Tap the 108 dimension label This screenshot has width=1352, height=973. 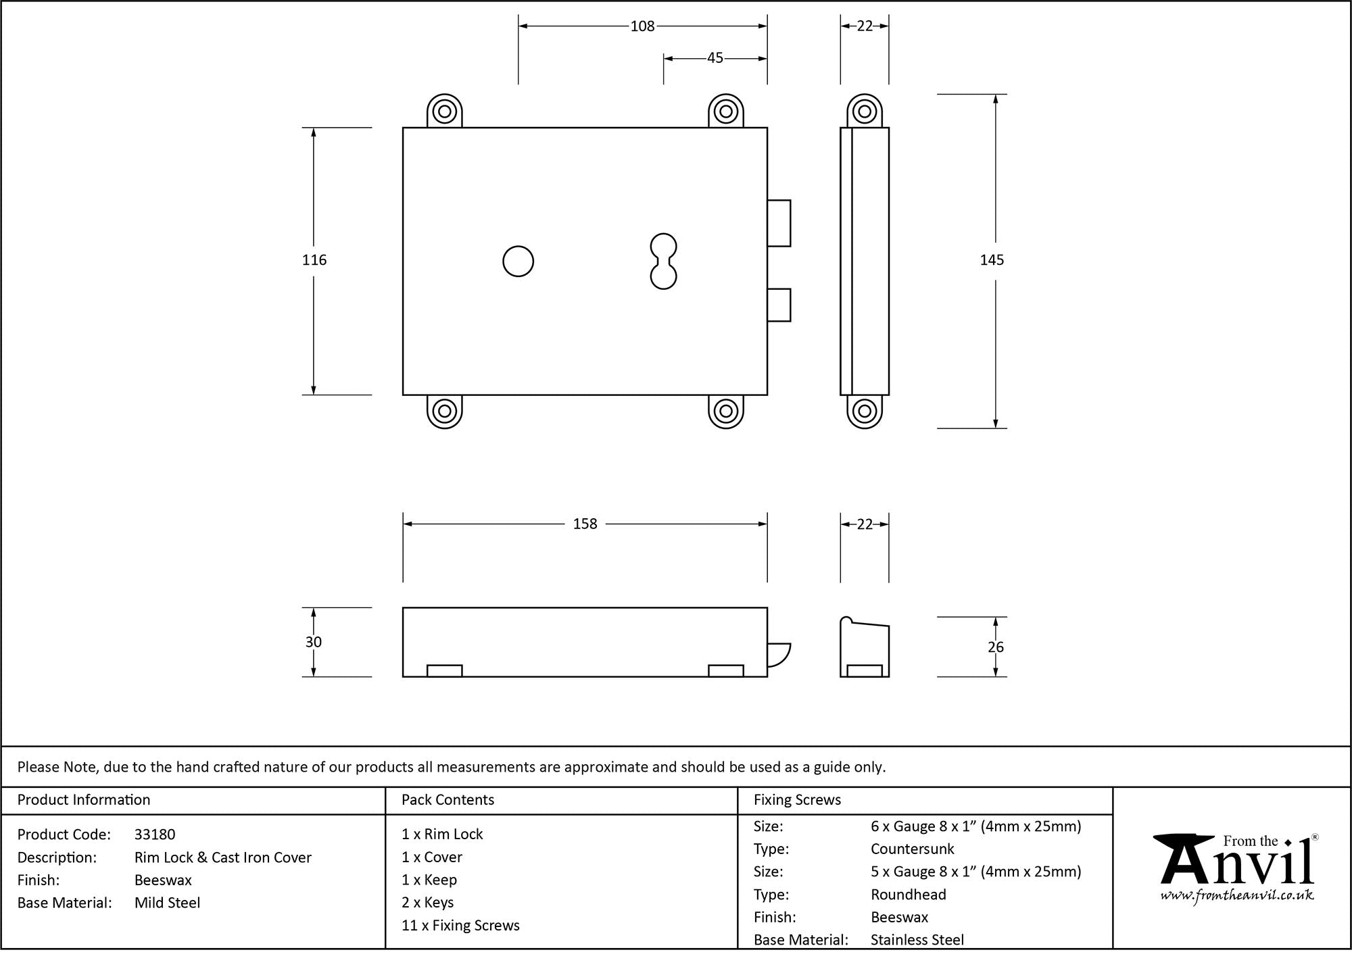pos(642,26)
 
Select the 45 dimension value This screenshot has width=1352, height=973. pos(715,58)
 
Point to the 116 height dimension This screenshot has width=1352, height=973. pos(314,260)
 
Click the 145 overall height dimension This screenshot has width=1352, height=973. pos(992,260)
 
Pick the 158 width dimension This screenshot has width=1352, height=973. pos(585,524)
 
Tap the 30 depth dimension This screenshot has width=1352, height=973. pos(314,642)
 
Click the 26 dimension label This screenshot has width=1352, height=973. pos(996,647)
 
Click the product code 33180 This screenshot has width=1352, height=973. pos(155,834)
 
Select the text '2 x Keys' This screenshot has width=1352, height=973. pos(427,903)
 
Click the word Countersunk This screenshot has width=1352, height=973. pos(913,849)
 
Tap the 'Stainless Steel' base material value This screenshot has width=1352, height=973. pos(917,939)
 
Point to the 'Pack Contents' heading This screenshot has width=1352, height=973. pos(448,800)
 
